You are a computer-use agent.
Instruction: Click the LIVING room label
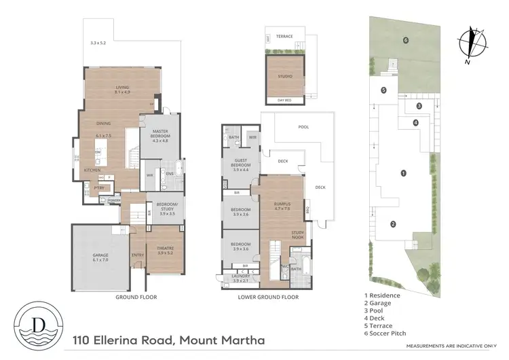point(122,88)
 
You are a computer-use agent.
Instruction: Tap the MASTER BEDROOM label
point(159,132)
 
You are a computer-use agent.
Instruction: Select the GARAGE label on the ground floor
point(100,255)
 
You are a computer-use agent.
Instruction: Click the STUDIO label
point(285,76)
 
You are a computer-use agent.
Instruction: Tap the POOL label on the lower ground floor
point(303,127)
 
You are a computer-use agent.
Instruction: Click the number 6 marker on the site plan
point(405,40)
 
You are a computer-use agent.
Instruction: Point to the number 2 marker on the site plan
point(392,224)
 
